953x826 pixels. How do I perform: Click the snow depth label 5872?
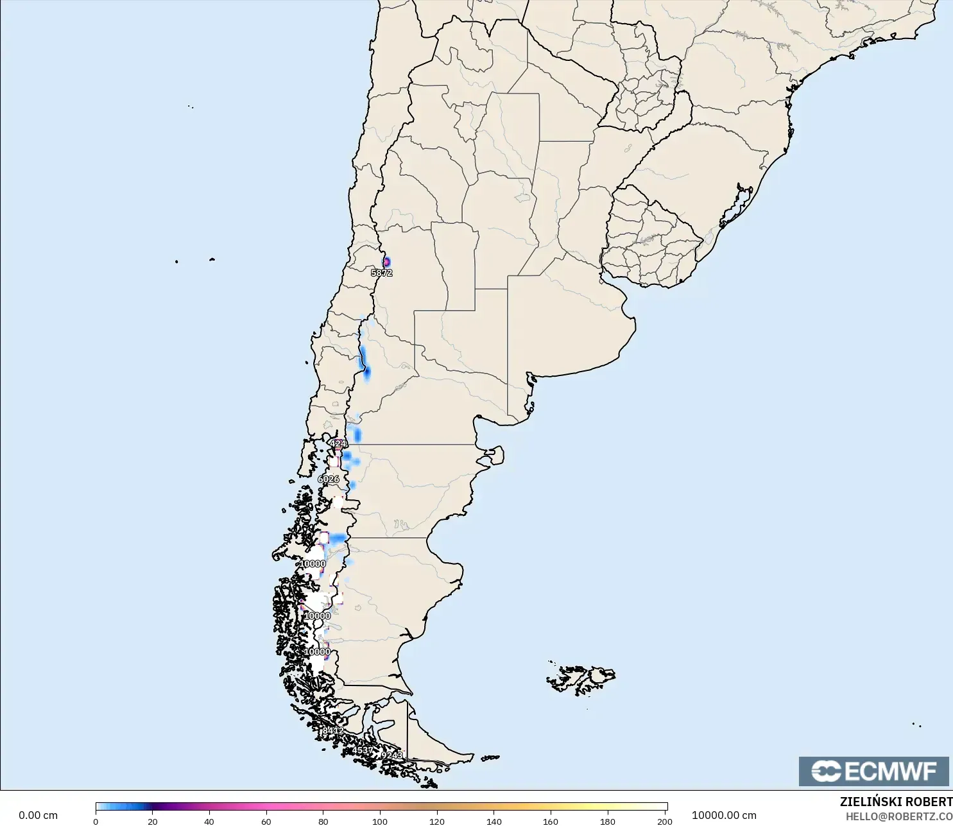[382, 273]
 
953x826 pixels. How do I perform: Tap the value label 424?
[338, 443]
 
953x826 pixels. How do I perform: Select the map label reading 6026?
[329, 479]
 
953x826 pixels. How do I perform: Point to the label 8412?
[333, 730]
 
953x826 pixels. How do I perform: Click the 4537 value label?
[363, 750]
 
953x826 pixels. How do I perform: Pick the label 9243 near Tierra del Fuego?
[392, 755]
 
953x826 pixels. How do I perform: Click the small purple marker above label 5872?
[386, 262]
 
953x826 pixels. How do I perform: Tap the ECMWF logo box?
[873, 771]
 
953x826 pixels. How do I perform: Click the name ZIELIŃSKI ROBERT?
[896, 802]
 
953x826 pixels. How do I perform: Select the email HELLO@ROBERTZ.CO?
[898, 816]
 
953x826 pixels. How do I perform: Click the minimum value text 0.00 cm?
[38, 815]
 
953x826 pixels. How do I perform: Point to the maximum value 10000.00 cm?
[724, 815]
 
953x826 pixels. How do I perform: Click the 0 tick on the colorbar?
[96, 821]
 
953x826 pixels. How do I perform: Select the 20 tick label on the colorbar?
[153, 821]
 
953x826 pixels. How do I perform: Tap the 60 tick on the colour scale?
[266, 821]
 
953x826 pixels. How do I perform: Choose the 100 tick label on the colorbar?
[380, 821]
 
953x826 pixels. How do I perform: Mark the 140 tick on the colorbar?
[494, 821]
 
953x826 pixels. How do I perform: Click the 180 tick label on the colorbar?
[607, 821]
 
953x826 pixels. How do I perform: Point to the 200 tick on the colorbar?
[665, 821]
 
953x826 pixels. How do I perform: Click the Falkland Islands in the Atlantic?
[581, 679]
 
